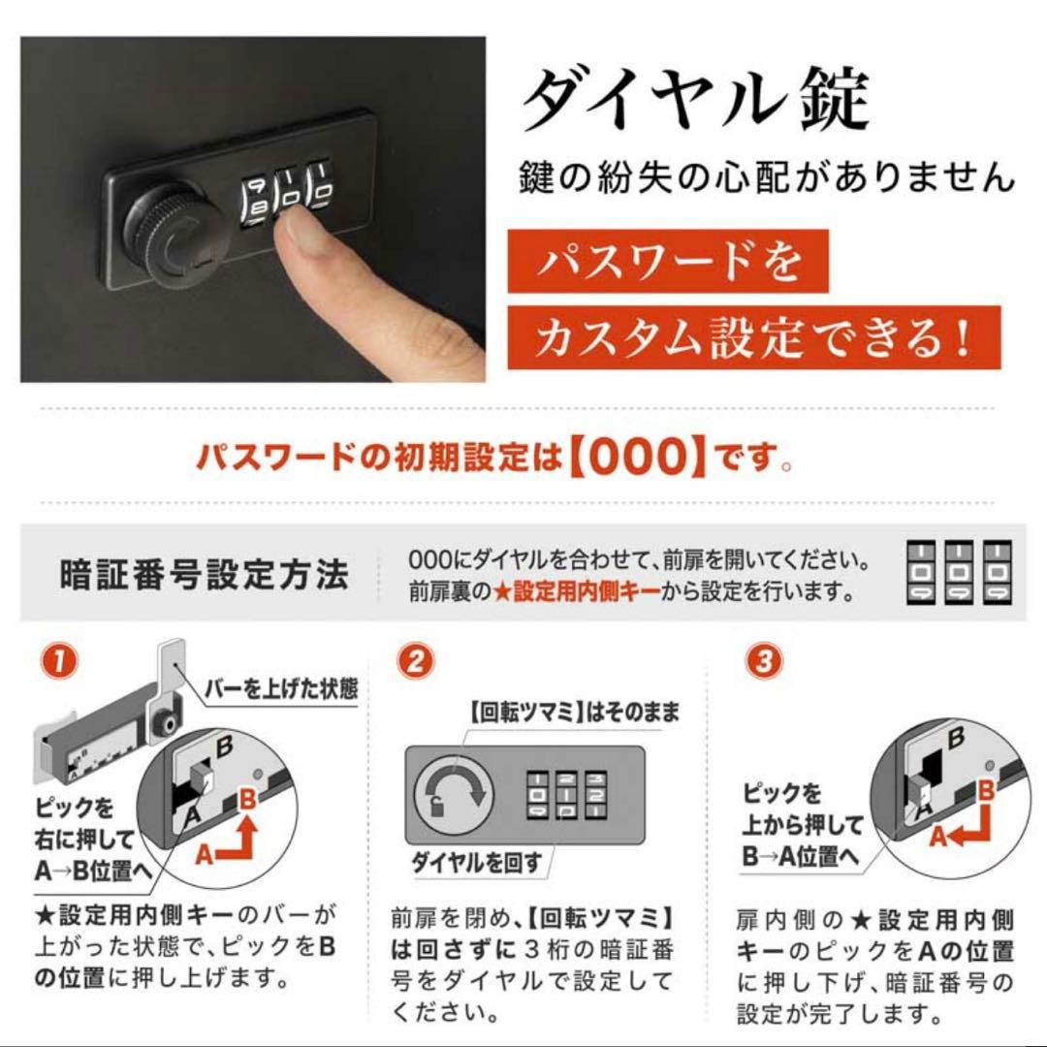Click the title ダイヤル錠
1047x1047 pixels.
tap(696, 100)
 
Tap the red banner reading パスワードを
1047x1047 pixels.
tap(668, 261)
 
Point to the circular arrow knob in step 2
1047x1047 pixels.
tap(450, 795)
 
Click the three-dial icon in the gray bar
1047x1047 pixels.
tap(958, 573)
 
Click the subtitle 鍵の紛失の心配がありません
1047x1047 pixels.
tap(765, 178)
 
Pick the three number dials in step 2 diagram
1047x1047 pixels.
tap(566, 795)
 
